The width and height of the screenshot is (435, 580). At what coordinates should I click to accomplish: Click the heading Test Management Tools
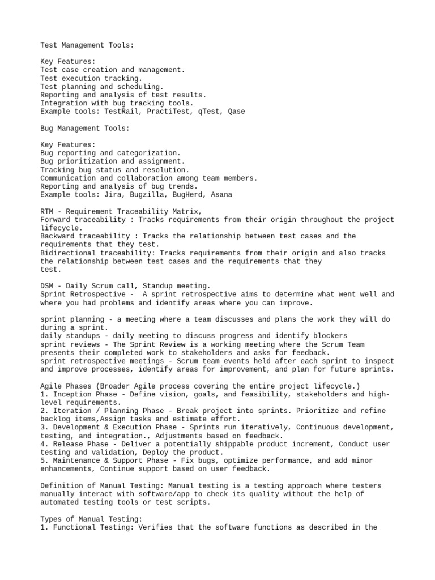tap(84, 45)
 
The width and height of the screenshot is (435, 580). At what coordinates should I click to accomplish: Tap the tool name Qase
tap(236, 112)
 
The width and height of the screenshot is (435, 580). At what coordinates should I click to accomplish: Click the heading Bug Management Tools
tap(84, 129)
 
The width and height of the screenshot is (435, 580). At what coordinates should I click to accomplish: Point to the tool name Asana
tap(221, 195)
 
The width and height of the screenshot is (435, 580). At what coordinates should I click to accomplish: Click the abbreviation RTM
tap(47, 211)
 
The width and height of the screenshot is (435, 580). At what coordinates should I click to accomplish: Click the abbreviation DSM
tap(47, 287)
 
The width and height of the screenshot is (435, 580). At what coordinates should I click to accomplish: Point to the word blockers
tap(330, 336)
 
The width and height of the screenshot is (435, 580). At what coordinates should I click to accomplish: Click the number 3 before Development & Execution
tap(43, 427)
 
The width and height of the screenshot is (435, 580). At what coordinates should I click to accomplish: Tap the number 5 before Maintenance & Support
tap(43, 460)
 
